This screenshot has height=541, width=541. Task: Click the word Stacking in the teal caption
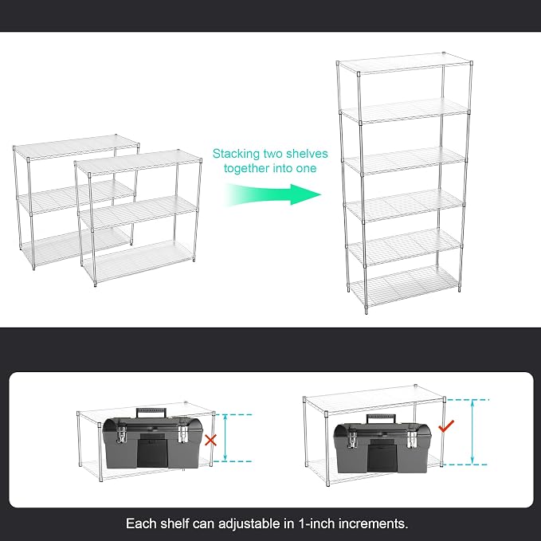(x=236, y=154)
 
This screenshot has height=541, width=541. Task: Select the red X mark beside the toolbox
(x=211, y=440)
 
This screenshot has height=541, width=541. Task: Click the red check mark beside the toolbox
(x=446, y=426)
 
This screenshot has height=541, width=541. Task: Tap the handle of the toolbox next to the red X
(x=152, y=413)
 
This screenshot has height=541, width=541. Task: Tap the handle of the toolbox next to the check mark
(x=381, y=418)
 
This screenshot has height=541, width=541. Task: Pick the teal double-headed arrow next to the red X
(x=225, y=438)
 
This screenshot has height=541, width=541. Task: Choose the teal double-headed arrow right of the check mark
(x=472, y=432)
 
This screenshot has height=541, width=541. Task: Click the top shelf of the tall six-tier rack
(x=405, y=63)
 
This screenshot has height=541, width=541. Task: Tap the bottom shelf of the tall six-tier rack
(x=405, y=286)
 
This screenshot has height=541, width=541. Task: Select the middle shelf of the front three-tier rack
(x=138, y=213)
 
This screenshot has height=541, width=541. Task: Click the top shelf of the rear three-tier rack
(x=76, y=147)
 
